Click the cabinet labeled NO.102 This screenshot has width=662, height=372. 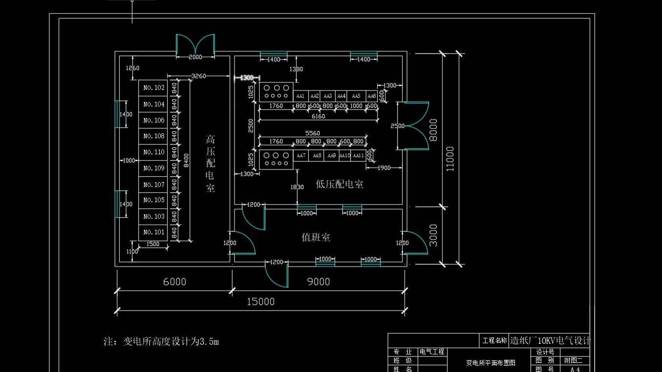pyautogui.click(x=153, y=88)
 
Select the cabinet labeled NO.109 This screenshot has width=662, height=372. pyautogui.click(x=153, y=168)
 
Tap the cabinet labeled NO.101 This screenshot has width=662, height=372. pyautogui.click(x=153, y=232)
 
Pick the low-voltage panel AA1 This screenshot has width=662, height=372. pyautogui.click(x=300, y=96)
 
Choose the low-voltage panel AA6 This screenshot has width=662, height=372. pyautogui.click(x=372, y=96)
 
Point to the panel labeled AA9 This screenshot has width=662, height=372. pyautogui.click(x=332, y=156)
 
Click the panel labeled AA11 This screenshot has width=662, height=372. pyautogui.click(x=358, y=156)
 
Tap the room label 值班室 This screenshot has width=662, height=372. pyautogui.click(x=316, y=238)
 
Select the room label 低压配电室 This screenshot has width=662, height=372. pyautogui.click(x=340, y=184)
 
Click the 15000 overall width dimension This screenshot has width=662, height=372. pyautogui.click(x=260, y=302)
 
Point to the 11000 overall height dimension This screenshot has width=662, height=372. pyautogui.click(x=450, y=159)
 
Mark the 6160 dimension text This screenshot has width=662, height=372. pyautogui.click(x=318, y=116)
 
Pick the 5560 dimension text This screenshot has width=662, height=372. pyautogui.click(x=313, y=133)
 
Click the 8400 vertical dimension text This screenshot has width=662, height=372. pyautogui.click(x=186, y=160)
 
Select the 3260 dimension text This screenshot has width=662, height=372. pyautogui.click(x=198, y=76)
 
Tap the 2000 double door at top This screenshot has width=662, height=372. pyautogui.click(x=195, y=46)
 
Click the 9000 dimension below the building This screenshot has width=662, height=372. pyautogui.click(x=319, y=282)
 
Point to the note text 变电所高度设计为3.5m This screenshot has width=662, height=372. pyautogui.click(x=161, y=341)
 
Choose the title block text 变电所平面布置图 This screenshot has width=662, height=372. pyautogui.click(x=491, y=363)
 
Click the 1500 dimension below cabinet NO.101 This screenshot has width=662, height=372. pyautogui.click(x=153, y=244)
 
